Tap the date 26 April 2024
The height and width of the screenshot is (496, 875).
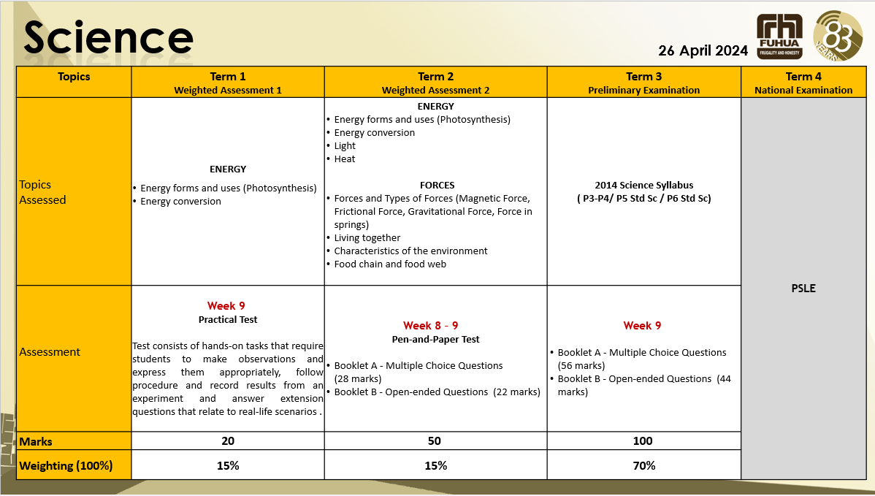point(703,50)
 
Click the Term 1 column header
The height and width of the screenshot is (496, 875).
point(228,83)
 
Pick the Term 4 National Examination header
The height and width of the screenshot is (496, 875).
point(803,83)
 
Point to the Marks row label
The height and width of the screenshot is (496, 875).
point(36,441)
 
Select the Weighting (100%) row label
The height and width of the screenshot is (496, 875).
point(66,465)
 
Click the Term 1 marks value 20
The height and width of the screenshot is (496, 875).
point(228,440)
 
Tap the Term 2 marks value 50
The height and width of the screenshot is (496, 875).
point(436,440)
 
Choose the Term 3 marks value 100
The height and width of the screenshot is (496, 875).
point(643,440)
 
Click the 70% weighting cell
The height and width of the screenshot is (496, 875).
point(643,465)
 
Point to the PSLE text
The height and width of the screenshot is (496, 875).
point(803,288)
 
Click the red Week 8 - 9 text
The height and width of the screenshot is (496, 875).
point(431,325)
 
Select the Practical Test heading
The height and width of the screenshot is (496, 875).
point(228,319)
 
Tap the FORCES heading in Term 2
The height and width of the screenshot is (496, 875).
point(437,185)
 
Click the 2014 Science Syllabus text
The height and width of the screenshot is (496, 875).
point(643,185)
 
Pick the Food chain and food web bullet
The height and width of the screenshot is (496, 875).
point(390,264)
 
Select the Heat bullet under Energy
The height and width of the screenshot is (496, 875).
point(345,159)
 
